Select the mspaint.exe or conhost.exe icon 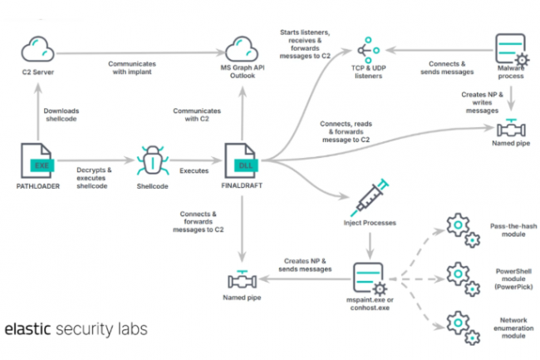(x=368, y=277)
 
